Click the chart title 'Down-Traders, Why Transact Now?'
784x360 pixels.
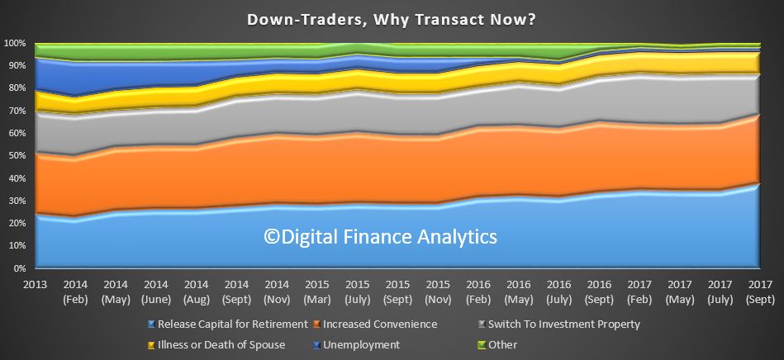(392, 20)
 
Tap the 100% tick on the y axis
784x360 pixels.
(15, 43)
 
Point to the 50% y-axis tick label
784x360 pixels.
(17, 155)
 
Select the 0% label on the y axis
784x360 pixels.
(19, 268)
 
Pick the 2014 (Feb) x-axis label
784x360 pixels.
(75, 292)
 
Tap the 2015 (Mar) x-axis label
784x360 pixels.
(317, 292)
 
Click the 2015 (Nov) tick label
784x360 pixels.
(438, 292)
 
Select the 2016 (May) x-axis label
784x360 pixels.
(519, 292)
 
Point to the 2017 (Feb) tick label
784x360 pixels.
(639, 292)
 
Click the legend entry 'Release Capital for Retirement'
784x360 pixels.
(228, 324)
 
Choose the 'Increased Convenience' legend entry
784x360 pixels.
(376, 324)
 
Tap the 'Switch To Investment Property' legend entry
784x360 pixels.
(559, 324)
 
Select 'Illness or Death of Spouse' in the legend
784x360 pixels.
(216, 345)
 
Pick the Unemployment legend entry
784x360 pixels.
(357, 345)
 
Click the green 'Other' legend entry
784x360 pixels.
(498, 345)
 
